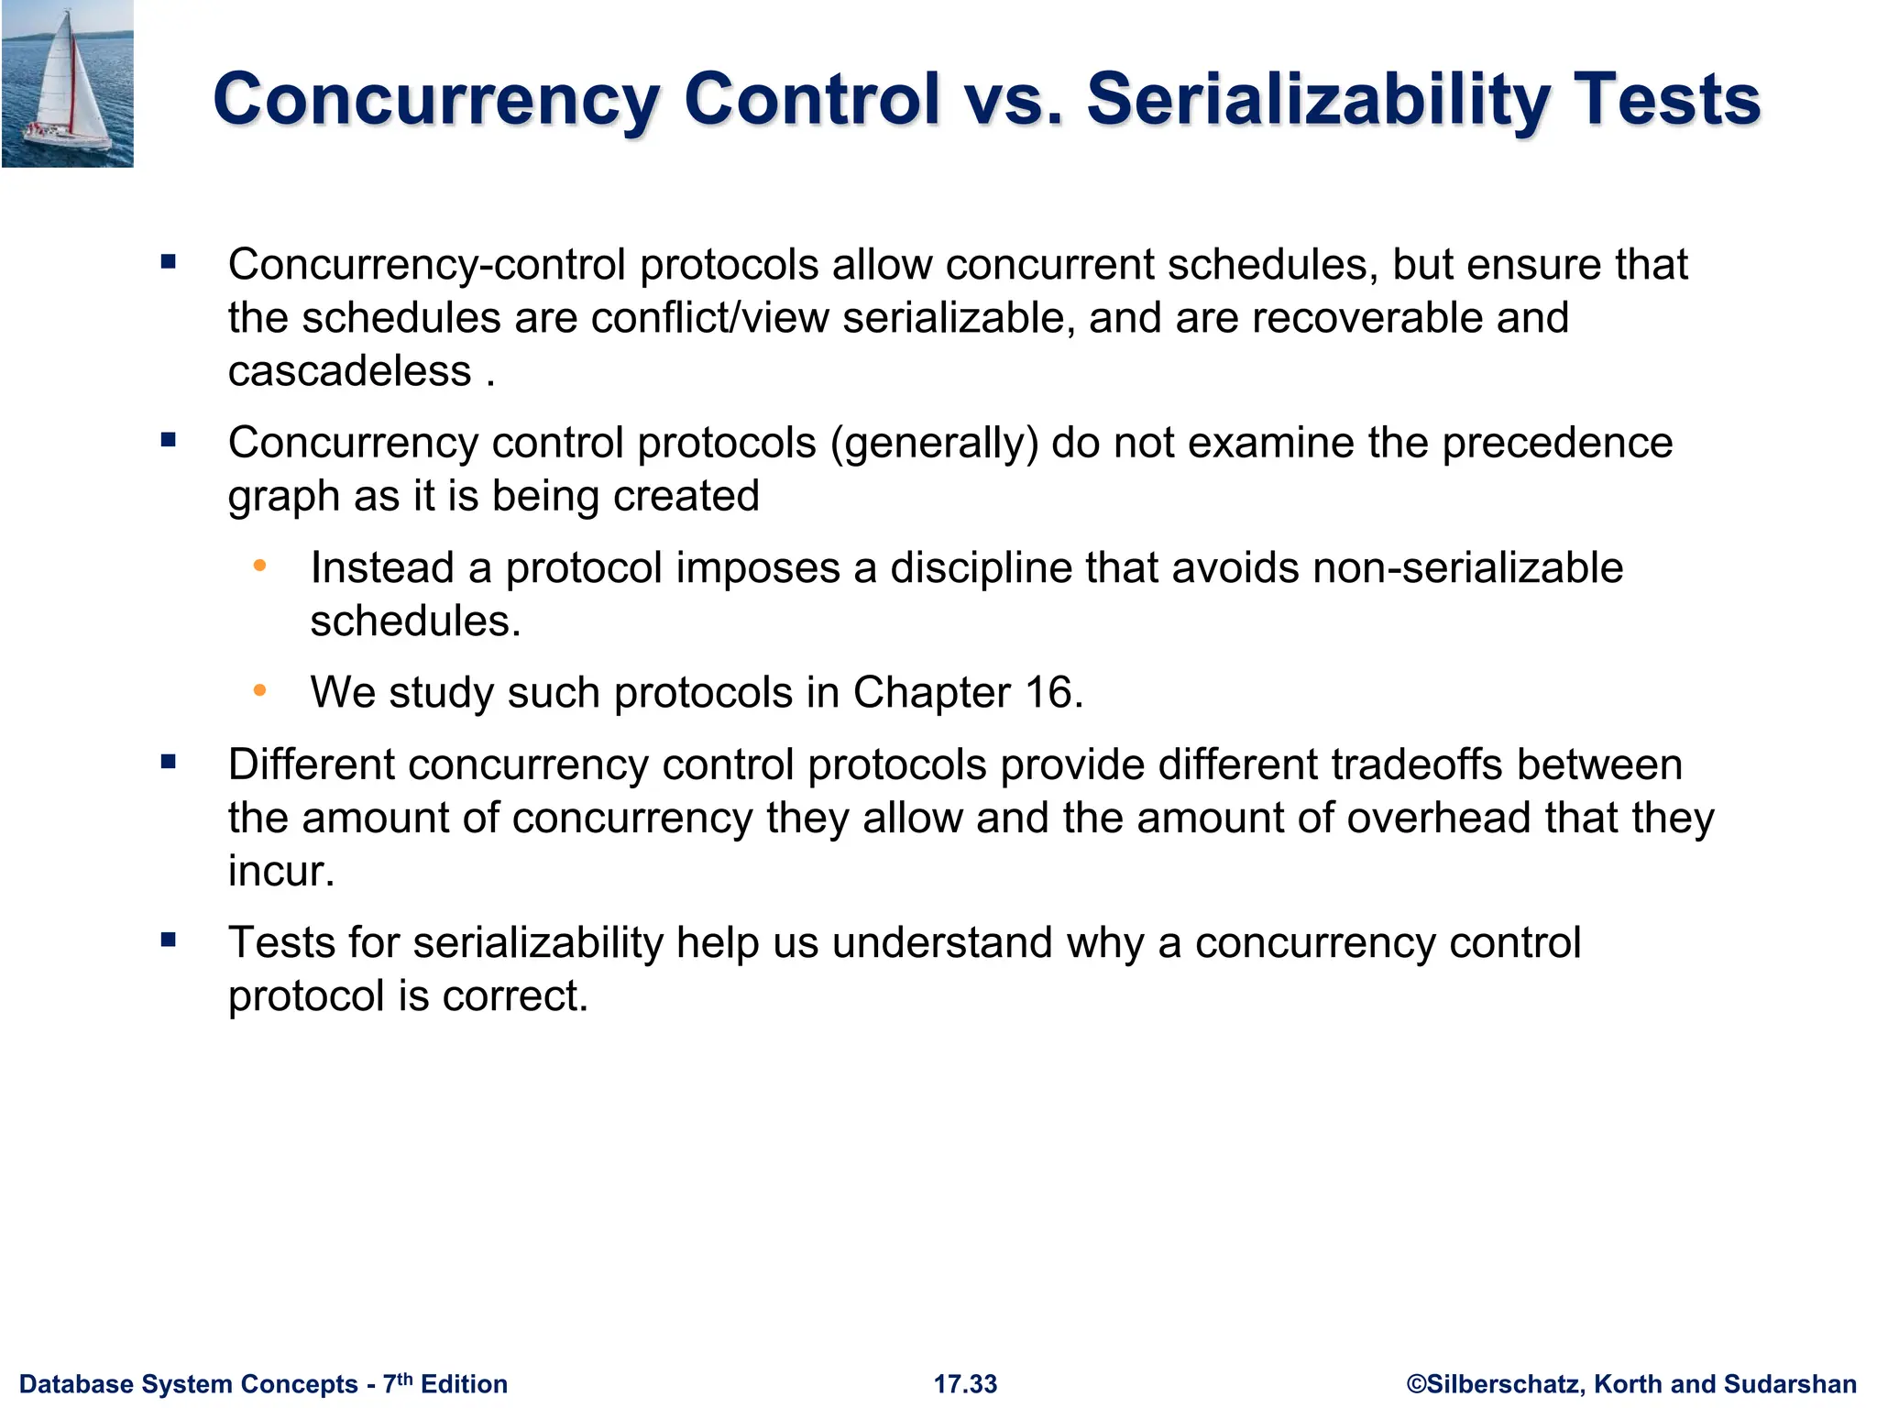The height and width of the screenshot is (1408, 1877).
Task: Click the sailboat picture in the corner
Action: pyautogui.click(x=67, y=83)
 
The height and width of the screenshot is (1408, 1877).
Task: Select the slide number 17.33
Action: pyautogui.click(x=965, y=1384)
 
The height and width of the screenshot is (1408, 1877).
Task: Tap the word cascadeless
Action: pyautogui.click(x=349, y=371)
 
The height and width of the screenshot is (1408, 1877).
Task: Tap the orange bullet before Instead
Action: pyautogui.click(x=260, y=566)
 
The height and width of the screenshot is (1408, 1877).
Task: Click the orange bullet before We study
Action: pyautogui.click(x=260, y=690)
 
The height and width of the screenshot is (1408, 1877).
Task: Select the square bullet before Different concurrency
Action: pyautogui.click(x=168, y=762)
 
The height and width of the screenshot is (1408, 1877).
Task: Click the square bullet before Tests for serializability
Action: pyautogui.click(x=168, y=940)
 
